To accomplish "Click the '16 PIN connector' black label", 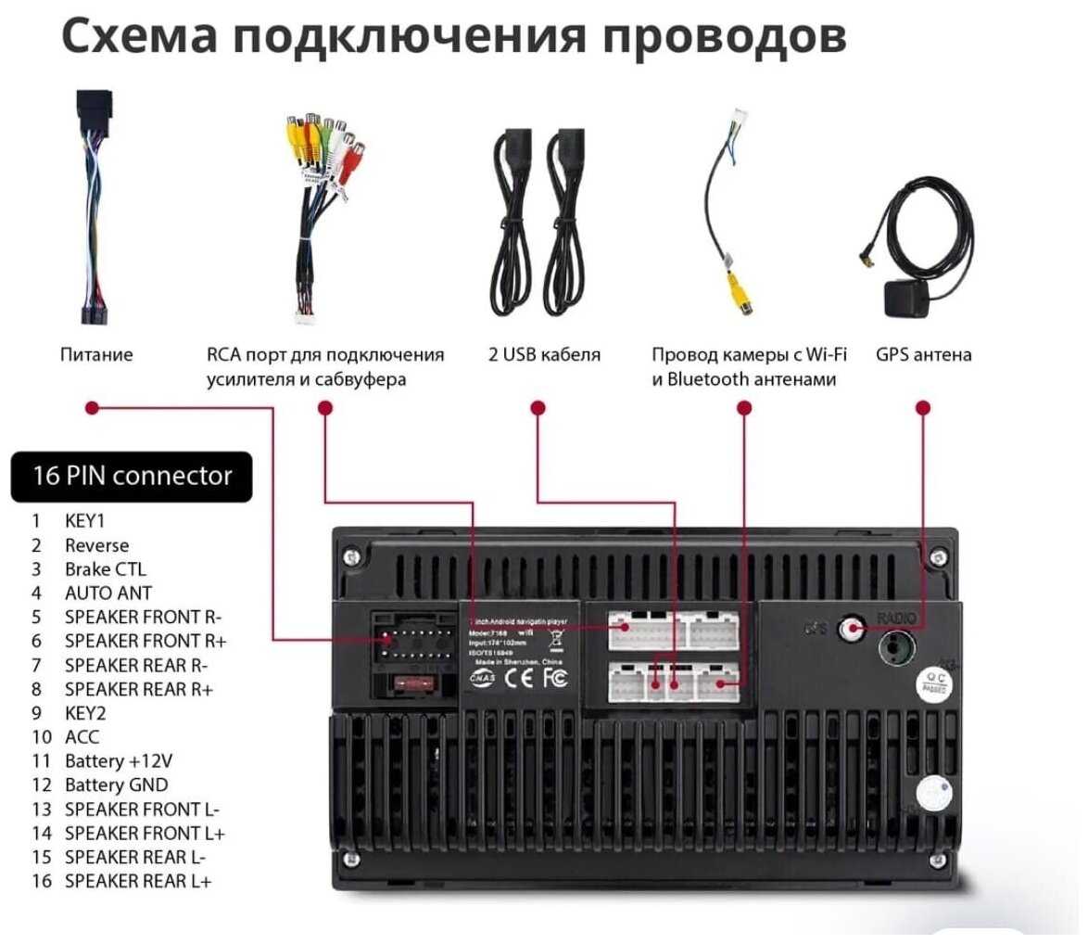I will [131, 477].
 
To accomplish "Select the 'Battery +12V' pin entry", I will [118, 761].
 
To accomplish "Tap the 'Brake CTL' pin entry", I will [105, 569].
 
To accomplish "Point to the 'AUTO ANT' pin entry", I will [108, 593].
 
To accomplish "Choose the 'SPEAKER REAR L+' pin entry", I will [137, 881].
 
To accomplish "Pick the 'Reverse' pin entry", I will [96, 545].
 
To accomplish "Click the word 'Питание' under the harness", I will [96, 355].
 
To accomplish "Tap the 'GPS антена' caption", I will [924, 355].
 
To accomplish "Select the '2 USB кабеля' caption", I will [545, 355].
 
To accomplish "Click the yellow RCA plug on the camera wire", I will [732, 290].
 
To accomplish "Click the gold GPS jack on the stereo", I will [847, 629].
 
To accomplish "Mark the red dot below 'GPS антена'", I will [922, 407].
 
